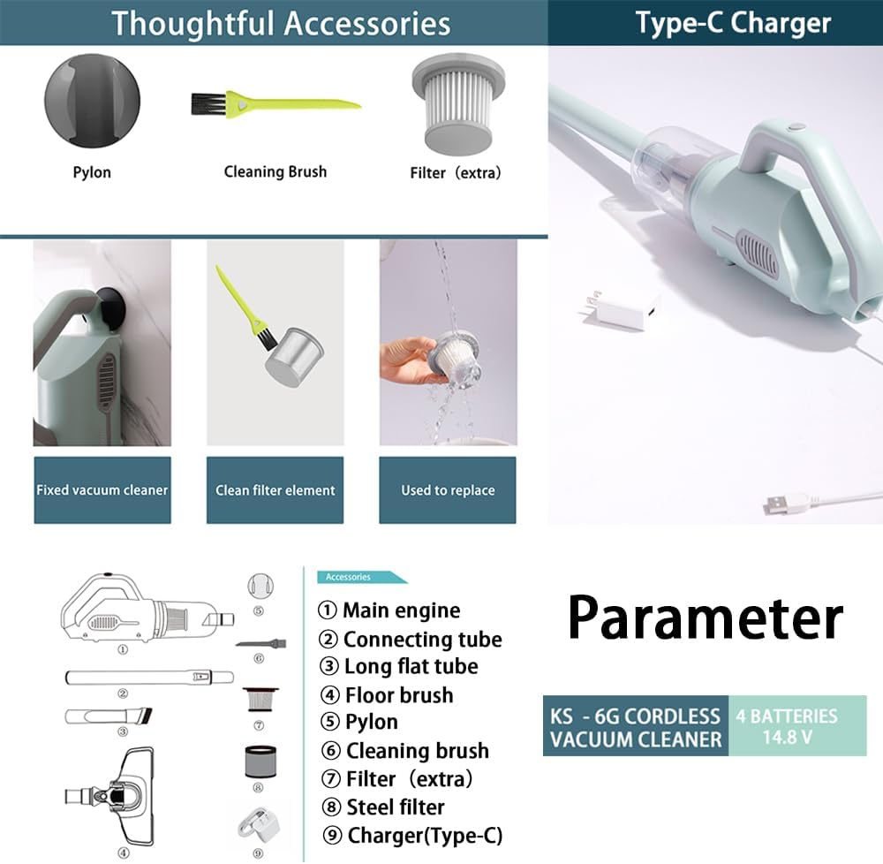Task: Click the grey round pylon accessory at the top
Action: click(x=92, y=101)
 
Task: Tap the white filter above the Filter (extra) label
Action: click(x=458, y=104)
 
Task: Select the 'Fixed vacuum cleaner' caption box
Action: click(x=102, y=490)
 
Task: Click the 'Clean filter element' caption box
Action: click(x=275, y=490)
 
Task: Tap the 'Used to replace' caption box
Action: click(x=448, y=490)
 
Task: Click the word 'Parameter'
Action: click(x=705, y=618)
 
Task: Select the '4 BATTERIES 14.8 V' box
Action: click(x=797, y=725)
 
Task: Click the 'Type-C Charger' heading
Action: click(x=733, y=23)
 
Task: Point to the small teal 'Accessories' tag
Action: click(x=361, y=577)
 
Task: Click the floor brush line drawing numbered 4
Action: click(x=109, y=796)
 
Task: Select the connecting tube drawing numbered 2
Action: click(x=149, y=677)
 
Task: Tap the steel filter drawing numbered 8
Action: click(x=260, y=762)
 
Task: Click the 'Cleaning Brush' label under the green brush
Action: click(x=275, y=171)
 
